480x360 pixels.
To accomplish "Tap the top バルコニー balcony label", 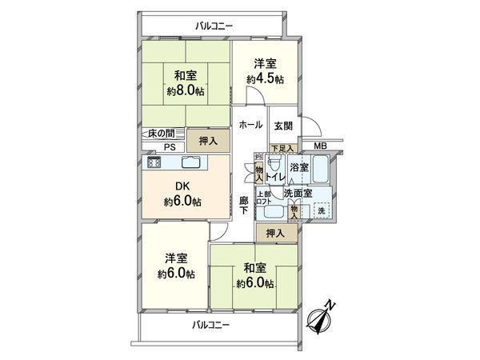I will (x=213, y=26).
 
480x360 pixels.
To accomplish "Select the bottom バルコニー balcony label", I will (x=210, y=325).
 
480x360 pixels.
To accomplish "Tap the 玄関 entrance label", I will (x=282, y=126).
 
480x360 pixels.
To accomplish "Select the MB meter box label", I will (x=319, y=146).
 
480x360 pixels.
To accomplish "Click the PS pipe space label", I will (x=170, y=147).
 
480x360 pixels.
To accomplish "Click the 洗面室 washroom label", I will (x=297, y=193).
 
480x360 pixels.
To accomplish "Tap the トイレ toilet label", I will (x=274, y=177).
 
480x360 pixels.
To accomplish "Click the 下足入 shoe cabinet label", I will (x=282, y=148).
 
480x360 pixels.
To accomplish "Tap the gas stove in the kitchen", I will (x=153, y=163).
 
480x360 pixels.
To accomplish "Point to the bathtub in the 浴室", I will (x=322, y=170).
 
